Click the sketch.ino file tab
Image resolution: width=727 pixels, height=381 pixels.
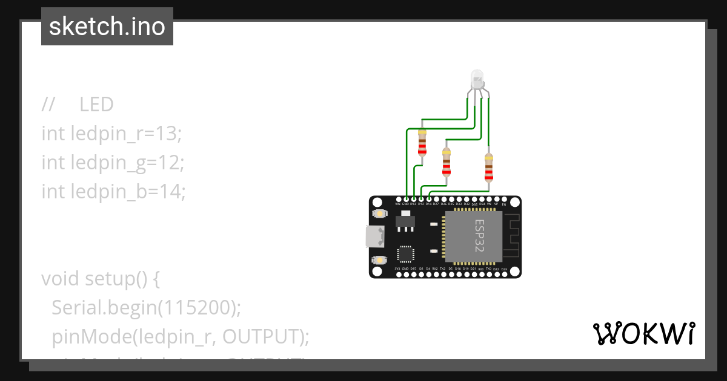pos(107,27)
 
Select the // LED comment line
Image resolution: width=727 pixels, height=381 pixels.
pos(78,105)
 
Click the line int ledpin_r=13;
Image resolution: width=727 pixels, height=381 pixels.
pos(111,133)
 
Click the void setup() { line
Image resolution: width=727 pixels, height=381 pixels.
pos(101,279)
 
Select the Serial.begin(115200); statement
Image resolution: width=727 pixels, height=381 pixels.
pos(146,308)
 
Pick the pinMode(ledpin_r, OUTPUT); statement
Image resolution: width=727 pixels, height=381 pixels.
pos(180,336)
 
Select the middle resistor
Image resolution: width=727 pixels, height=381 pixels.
pos(446,162)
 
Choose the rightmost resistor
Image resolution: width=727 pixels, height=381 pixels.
pos(489,168)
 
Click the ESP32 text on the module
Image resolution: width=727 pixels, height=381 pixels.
pos(479,236)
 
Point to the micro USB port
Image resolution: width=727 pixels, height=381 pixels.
pos(374,236)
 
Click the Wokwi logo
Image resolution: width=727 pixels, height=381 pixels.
pos(643,333)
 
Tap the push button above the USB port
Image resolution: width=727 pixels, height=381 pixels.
pos(380,213)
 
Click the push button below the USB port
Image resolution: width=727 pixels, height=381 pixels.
pos(380,260)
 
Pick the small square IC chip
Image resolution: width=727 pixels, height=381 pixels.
pos(405,254)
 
